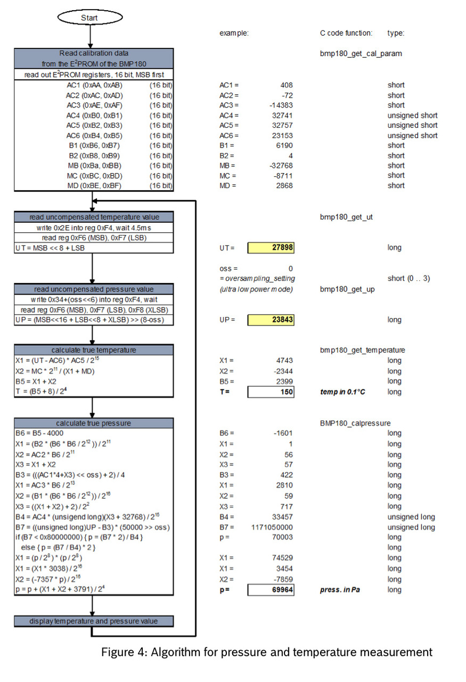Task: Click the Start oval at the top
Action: point(89,18)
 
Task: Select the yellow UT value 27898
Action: point(271,248)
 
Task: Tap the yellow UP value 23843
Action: point(271,320)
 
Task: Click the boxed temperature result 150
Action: point(271,392)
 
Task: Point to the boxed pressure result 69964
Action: point(271,590)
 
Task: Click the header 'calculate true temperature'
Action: point(94,350)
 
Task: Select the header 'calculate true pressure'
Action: point(94,423)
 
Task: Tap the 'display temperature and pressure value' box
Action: point(94,621)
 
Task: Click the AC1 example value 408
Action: point(286,85)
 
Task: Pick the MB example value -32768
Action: point(281,166)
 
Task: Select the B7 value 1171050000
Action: point(272,527)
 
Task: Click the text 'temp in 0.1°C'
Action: point(343,392)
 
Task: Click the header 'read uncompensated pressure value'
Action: point(94,289)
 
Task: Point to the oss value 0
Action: point(290,269)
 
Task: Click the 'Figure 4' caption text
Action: point(267,652)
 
